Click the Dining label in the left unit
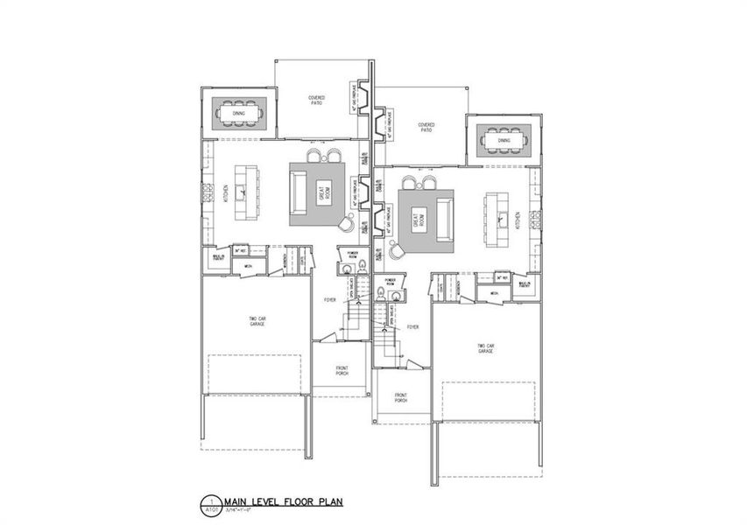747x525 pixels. pos(238,113)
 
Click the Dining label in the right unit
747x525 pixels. pos(504,140)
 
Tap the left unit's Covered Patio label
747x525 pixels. pos(315,101)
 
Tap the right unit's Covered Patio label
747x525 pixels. pos(426,128)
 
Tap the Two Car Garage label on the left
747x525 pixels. pos(257,322)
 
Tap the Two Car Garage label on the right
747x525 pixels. pos(485,349)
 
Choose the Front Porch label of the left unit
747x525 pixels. pos(341,371)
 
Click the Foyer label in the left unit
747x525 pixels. pos(330,299)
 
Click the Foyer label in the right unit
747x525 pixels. pos(412,327)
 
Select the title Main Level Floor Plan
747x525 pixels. pos(282,502)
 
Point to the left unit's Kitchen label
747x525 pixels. pos(225,190)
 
